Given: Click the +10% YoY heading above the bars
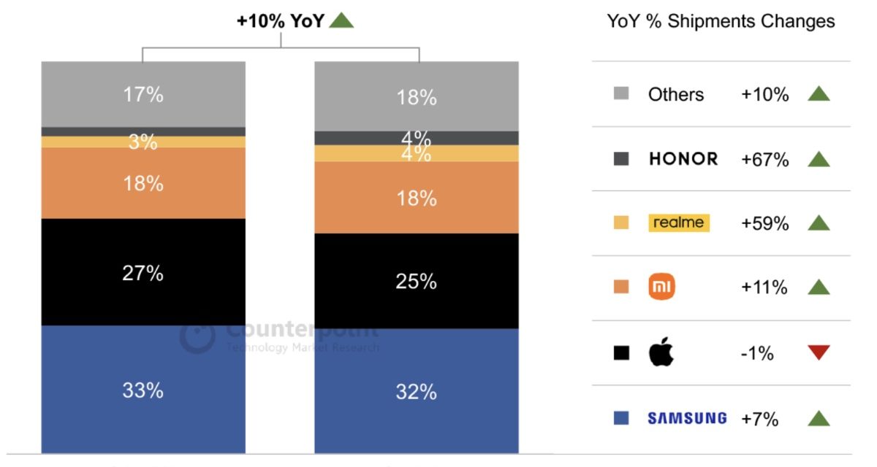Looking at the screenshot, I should (280, 21).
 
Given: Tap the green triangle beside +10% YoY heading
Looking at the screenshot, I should (341, 20).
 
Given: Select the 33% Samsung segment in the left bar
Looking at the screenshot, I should (143, 390).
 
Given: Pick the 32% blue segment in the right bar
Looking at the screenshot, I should (416, 391).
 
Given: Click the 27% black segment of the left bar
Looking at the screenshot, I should (143, 272).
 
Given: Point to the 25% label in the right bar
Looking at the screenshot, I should (416, 281).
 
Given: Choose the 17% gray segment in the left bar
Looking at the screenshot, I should (143, 94).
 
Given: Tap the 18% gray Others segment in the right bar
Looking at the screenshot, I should (416, 97).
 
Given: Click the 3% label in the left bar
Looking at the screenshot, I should (143, 142).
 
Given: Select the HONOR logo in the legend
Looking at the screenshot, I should (683, 159).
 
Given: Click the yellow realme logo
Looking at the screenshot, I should (679, 223).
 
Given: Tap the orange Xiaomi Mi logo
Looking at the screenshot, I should (662, 287).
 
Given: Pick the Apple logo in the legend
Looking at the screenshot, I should (661, 352).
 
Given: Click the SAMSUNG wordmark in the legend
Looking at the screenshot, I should (687, 418).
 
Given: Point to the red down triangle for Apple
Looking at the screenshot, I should (819, 353).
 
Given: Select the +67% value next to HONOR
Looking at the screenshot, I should (764, 160).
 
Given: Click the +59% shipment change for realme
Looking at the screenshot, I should (764, 223).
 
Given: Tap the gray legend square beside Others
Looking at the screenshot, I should (621, 94).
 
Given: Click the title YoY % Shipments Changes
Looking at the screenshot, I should (721, 21).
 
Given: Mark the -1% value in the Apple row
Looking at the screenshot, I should (757, 353).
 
